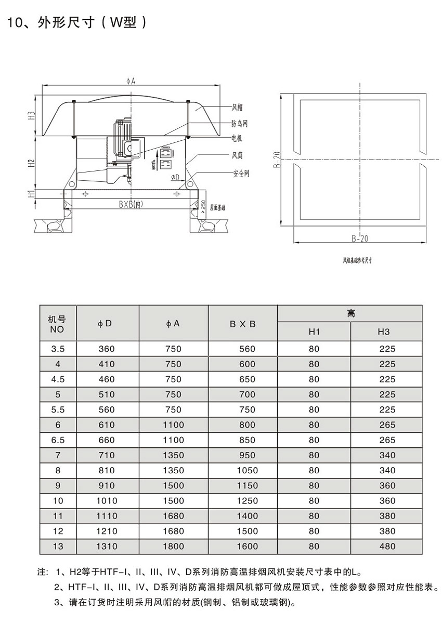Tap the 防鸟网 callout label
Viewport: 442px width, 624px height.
(239, 123)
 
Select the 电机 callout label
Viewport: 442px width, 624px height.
(237, 138)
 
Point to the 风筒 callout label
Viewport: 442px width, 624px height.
(237, 155)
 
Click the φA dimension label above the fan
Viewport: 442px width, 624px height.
(131, 81)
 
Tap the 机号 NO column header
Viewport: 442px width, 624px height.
(57, 323)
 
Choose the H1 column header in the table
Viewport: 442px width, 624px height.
(314, 332)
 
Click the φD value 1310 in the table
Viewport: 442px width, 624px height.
(107, 546)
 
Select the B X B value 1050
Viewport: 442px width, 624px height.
(247, 470)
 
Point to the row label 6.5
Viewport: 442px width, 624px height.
(58, 440)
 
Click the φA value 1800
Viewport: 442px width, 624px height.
(173, 546)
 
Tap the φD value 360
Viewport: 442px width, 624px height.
(107, 349)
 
